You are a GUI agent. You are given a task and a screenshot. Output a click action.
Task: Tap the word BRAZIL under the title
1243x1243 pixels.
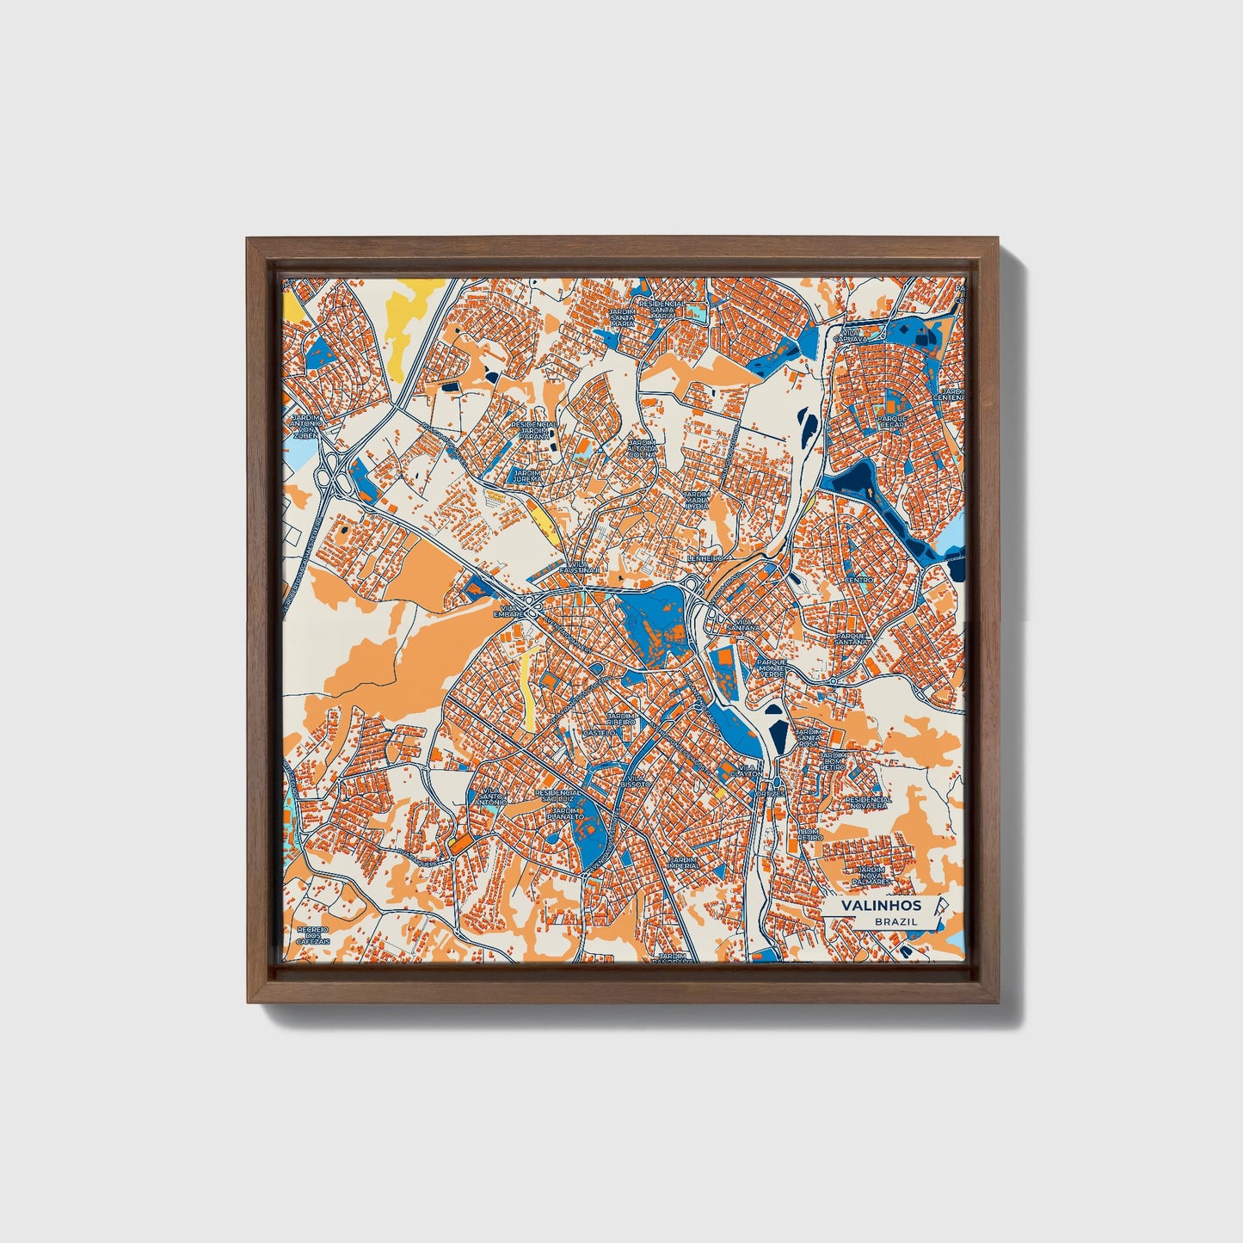895,921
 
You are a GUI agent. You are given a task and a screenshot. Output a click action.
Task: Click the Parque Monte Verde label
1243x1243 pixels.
772,668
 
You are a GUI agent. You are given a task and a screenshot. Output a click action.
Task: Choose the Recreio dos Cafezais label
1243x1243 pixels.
313,936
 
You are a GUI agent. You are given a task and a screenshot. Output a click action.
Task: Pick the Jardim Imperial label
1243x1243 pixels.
685,862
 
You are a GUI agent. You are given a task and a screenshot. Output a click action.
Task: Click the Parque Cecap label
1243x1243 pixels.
892,422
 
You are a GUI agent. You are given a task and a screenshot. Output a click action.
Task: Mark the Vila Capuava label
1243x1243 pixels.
849,335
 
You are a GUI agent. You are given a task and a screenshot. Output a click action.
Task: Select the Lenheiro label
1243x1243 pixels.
705,558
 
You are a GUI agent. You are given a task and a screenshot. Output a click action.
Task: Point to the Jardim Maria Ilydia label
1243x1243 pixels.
697,500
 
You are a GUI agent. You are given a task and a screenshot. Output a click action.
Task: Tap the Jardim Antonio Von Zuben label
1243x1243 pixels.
307,427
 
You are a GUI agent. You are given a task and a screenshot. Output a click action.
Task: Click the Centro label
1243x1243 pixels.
858,580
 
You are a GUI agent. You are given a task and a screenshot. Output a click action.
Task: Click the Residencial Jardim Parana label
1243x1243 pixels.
533,430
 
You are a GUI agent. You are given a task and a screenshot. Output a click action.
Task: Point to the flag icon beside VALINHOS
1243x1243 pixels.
941,906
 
